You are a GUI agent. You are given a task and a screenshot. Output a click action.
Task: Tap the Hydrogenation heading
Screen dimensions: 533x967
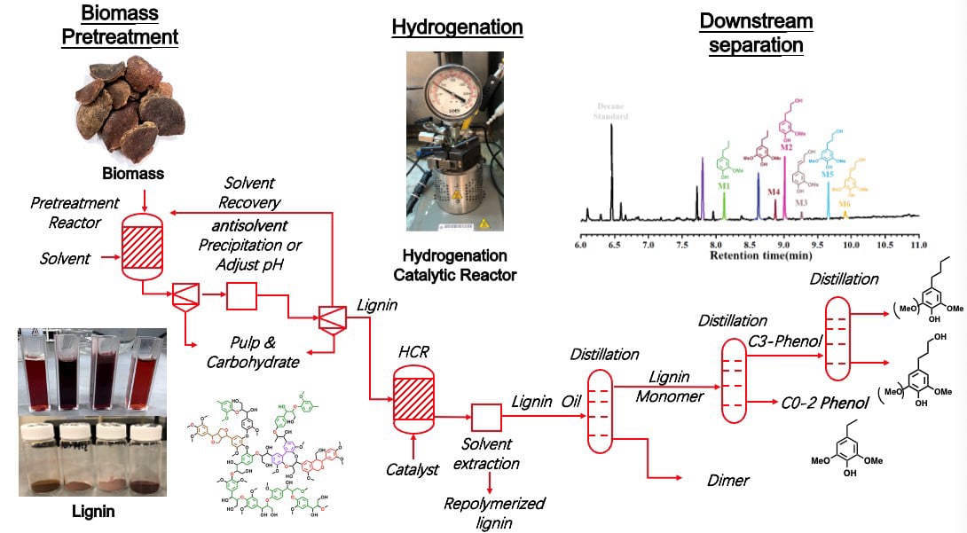coord(457,27)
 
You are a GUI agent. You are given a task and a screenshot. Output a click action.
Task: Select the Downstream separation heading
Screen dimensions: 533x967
coord(755,33)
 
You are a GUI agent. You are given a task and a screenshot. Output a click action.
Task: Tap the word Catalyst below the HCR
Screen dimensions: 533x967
coord(412,469)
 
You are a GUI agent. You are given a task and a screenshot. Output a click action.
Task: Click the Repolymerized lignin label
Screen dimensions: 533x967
coord(494,513)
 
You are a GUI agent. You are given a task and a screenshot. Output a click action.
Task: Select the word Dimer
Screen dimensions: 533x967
coord(727,480)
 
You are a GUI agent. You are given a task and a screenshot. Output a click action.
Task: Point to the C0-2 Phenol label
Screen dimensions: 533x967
coord(825,402)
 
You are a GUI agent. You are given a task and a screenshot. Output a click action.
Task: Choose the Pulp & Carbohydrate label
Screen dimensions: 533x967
coord(253,352)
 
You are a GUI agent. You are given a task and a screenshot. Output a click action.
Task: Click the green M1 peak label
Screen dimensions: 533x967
coord(724,186)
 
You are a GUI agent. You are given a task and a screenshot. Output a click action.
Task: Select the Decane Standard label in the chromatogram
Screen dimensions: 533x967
coord(610,112)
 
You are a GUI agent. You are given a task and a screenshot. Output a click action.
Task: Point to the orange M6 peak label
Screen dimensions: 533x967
coord(845,204)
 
